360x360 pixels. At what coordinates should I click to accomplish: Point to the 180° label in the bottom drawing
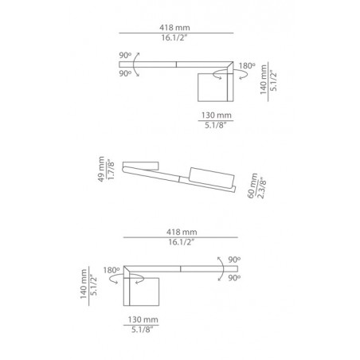[111, 269]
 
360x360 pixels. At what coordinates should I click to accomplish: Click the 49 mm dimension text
[101, 170]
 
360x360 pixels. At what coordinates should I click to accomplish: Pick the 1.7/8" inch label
[111, 170]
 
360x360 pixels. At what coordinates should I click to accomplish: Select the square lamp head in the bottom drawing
[143, 292]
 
